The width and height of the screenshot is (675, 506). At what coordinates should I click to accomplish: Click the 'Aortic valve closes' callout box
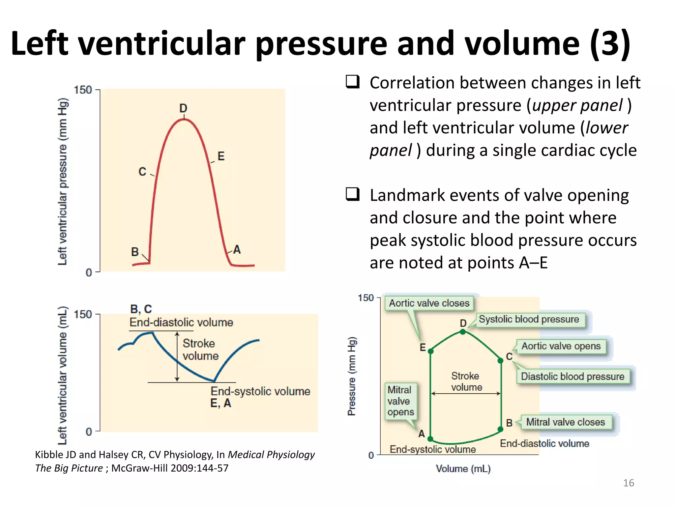429,303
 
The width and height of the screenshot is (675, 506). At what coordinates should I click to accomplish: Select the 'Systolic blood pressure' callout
529,319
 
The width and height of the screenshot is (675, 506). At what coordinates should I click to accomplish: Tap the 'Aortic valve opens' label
561,346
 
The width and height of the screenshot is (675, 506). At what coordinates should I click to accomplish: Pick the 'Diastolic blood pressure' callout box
572,377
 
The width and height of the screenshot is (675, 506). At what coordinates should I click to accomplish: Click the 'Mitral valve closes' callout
566,422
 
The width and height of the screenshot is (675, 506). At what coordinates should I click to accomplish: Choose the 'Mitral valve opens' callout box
400,401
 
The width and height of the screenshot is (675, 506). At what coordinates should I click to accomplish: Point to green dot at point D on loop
463,332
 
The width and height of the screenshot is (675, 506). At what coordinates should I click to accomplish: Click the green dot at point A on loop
430,439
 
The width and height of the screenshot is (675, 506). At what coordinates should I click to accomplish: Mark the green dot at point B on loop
500,429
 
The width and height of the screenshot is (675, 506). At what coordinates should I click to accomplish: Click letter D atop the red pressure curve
183,108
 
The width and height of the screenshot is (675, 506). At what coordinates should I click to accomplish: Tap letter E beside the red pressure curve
221,156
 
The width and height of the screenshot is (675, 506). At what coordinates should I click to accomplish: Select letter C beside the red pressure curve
142,172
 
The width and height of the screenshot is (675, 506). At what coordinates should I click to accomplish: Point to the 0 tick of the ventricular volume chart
89,432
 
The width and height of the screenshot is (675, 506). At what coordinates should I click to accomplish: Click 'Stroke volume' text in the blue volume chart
200,350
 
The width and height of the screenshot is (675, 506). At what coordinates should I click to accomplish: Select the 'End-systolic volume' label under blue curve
260,391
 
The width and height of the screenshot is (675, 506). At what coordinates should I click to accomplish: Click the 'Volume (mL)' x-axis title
463,468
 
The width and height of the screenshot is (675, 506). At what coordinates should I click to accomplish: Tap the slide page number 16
628,483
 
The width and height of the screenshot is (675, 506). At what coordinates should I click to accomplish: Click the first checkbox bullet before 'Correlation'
352,82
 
